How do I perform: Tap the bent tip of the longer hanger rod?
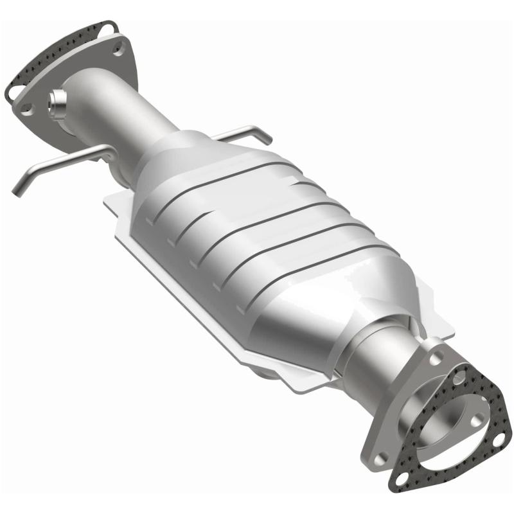click(x=18, y=188)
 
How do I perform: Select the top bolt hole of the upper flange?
click(x=119, y=47)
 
